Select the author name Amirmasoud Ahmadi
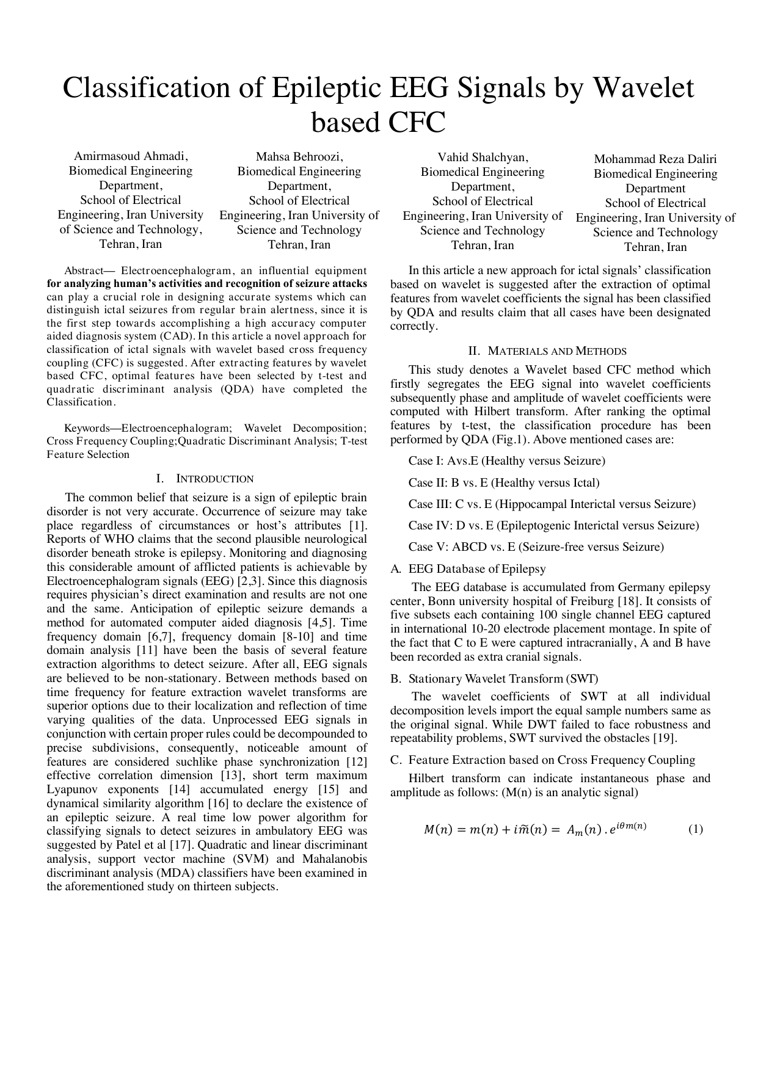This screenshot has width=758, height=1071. tap(131, 156)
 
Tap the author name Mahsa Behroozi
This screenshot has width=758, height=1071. tap(299, 156)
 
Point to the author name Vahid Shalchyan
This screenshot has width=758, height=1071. tap(483, 157)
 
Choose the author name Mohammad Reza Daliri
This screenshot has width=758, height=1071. tap(655, 159)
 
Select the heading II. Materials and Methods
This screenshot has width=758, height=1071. tap(547, 351)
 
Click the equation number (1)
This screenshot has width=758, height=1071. tap(696, 829)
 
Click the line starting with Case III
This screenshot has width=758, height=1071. tap(552, 504)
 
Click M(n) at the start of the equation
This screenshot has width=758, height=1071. tap(438, 830)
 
